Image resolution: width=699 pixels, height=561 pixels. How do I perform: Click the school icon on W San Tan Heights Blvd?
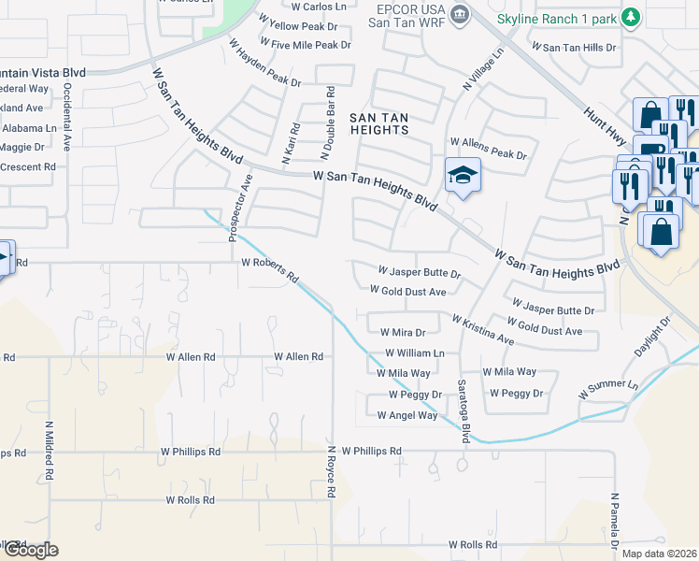(x=462, y=175)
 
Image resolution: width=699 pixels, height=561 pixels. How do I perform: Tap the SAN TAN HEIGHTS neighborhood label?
(x=378, y=123)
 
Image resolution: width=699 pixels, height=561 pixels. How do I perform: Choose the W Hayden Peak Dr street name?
(x=264, y=65)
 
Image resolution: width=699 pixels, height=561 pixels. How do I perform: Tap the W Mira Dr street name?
(x=402, y=332)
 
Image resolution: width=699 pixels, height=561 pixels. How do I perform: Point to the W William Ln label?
(x=414, y=353)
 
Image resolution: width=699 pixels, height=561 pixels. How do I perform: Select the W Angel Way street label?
(x=407, y=415)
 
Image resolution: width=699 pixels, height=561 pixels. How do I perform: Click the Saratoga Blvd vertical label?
(x=462, y=401)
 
